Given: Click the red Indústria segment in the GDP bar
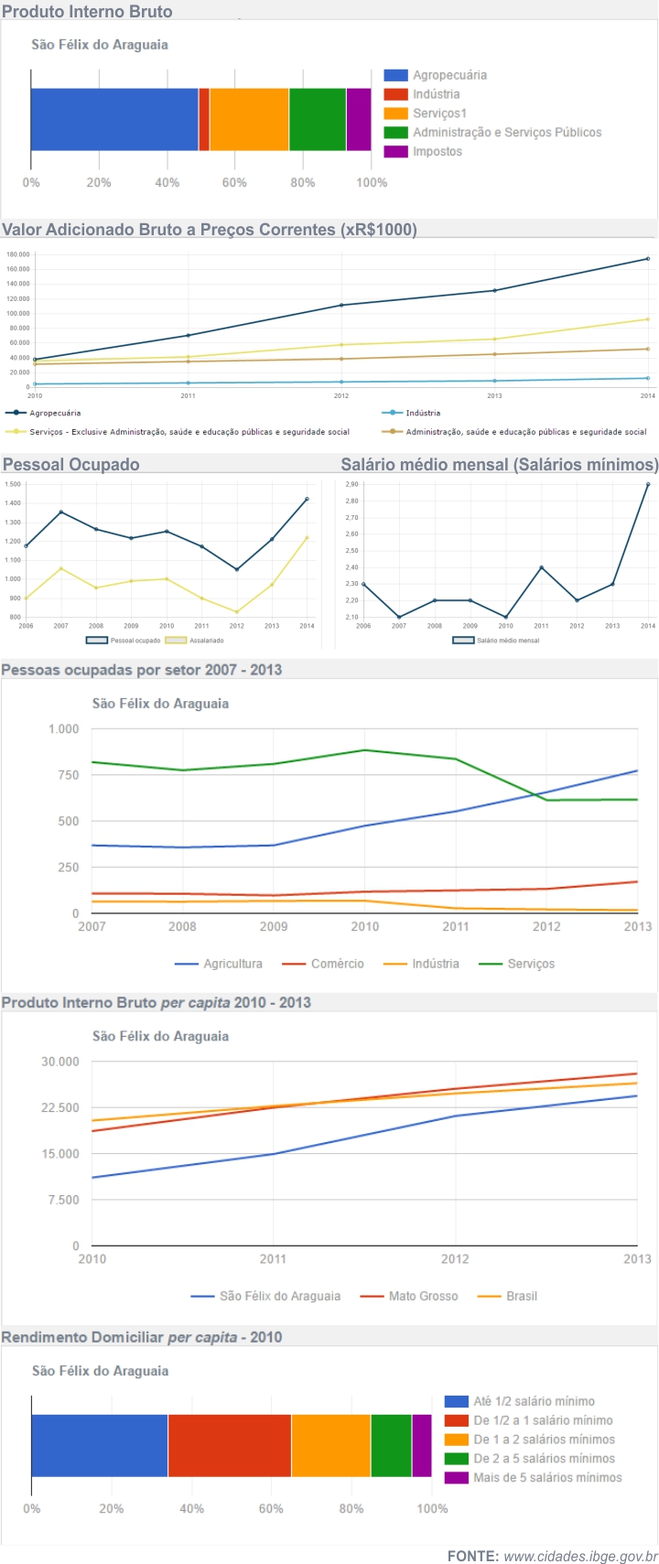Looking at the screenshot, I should point(204,119).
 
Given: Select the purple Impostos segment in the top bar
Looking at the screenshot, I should point(359,119).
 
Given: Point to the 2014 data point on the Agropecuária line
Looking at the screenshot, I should point(647,259).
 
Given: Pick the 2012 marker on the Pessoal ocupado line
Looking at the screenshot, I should point(237,569).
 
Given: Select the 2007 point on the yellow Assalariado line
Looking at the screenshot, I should point(61,568).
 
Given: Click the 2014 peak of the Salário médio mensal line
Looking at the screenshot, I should point(647,485).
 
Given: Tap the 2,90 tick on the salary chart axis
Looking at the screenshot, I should point(351,485).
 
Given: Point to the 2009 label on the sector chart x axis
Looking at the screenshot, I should point(274,926).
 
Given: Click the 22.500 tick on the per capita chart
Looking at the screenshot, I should point(60,1107).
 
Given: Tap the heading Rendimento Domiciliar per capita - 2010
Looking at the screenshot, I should point(142,1337).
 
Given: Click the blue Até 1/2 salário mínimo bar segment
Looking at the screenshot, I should point(99,1445).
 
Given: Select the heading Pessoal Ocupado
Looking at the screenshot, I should point(71,465).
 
